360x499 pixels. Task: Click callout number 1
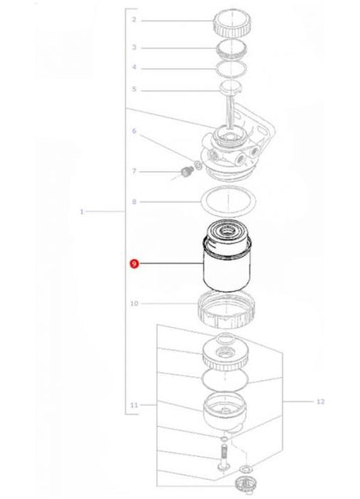point(81,210)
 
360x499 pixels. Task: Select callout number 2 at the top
point(133,19)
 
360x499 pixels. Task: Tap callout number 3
point(133,47)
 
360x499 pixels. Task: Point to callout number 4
point(133,67)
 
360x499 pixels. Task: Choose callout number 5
point(133,90)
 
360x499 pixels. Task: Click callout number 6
point(133,132)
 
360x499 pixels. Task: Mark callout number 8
point(133,202)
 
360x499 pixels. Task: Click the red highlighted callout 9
point(134,265)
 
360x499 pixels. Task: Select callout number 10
point(134,304)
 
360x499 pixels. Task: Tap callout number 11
point(134,405)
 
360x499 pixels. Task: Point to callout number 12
point(321,402)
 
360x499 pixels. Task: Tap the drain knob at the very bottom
point(246,484)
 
